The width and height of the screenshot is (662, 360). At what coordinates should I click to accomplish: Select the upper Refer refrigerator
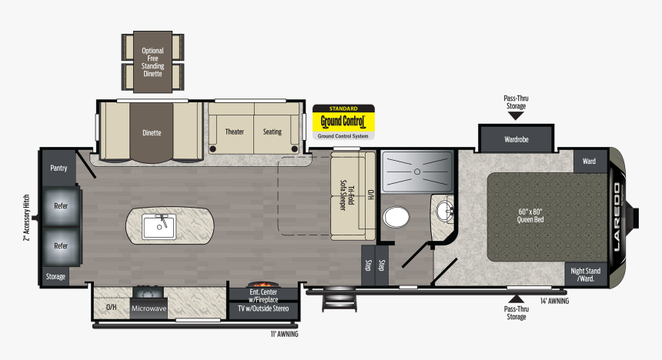tap(61, 206)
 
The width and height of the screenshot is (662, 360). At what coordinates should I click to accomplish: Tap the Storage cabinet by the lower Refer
tap(55, 276)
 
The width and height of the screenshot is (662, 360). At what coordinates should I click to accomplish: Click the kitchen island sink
tap(159, 227)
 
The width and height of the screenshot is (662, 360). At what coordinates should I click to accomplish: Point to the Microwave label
tap(149, 308)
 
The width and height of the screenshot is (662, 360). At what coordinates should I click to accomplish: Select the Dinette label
tap(152, 132)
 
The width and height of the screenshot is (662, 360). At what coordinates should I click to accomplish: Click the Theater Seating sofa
tap(253, 132)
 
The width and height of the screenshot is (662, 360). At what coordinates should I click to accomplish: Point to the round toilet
tap(398, 217)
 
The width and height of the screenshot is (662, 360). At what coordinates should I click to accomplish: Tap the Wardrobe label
tap(516, 140)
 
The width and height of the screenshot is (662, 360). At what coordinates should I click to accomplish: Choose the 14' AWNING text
tap(554, 301)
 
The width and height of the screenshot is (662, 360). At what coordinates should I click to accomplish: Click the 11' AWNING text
tap(283, 335)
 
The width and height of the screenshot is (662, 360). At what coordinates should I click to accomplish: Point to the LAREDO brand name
tap(617, 215)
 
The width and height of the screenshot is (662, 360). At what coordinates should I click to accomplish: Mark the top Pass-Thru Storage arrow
tap(516, 115)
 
